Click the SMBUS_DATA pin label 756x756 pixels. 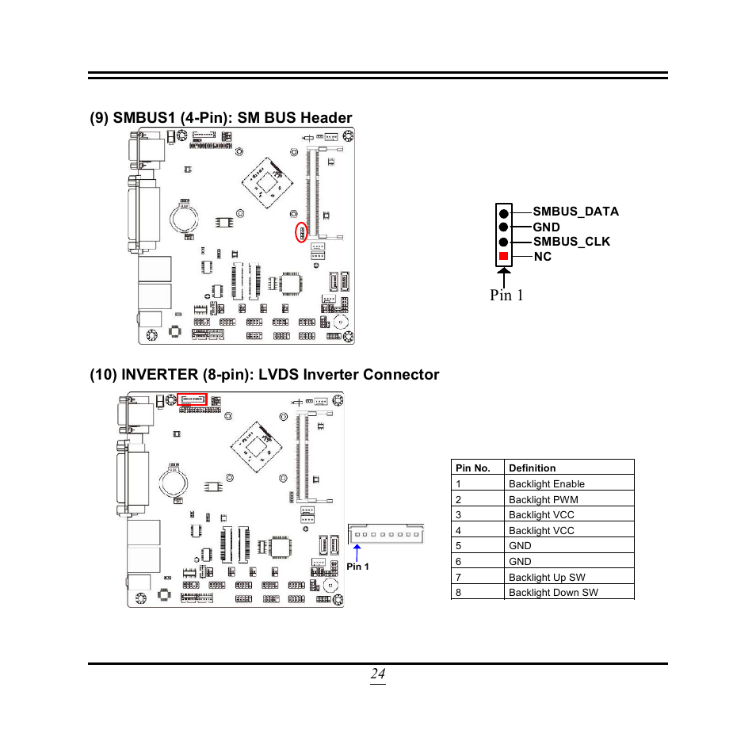(575, 212)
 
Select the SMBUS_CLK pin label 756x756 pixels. (571, 242)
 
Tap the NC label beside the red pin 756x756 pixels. (542, 257)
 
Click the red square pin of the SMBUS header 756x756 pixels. (503, 257)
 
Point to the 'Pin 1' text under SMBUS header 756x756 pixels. (506, 295)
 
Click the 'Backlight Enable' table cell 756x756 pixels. (547, 483)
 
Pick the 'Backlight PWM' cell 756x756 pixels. (543, 499)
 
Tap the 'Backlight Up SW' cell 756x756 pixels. (547, 577)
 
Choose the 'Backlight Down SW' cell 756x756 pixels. (553, 592)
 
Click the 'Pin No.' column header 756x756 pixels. (473, 468)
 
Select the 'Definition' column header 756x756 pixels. (532, 468)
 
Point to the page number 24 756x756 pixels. (377, 674)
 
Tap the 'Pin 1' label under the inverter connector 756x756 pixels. (357, 567)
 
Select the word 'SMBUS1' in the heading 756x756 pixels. (143, 118)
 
